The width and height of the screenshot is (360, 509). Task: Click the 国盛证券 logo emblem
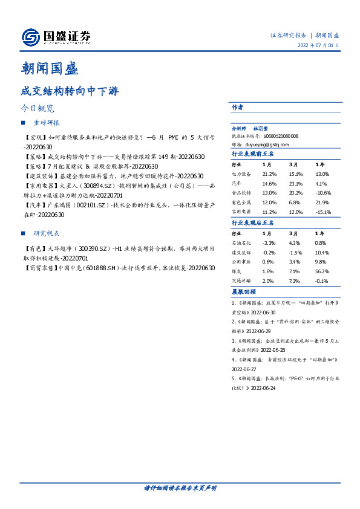[30, 37]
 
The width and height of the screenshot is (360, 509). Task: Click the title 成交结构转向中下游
[70, 91]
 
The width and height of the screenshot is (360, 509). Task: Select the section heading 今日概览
[38, 109]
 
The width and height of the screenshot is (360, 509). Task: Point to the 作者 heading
[237, 107]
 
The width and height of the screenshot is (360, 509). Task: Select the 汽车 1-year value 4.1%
[321, 183]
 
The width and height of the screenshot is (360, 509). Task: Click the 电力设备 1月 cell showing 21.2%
[269, 173]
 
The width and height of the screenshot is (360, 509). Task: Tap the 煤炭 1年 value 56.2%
[321, 272]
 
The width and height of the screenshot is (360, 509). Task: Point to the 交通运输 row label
[242, 282]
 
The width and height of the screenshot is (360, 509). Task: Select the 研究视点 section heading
[47, 233]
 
